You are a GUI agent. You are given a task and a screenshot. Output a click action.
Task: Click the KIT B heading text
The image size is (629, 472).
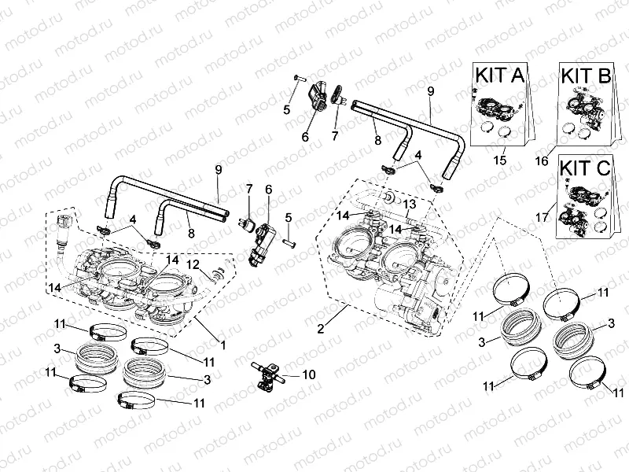click(587, 76)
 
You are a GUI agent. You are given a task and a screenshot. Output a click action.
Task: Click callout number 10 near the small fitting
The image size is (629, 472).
click(308, 375)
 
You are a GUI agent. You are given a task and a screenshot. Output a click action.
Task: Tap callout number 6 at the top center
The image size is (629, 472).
click(305, 137)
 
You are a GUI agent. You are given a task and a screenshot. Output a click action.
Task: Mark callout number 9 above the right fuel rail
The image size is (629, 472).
click(430, 92)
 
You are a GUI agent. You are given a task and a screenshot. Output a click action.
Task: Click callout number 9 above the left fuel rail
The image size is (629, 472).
click(219, 168)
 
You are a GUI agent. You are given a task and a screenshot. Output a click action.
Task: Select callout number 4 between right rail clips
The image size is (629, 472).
click(419, 155)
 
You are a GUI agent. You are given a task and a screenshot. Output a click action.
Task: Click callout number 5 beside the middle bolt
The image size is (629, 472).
click(289, 218)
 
